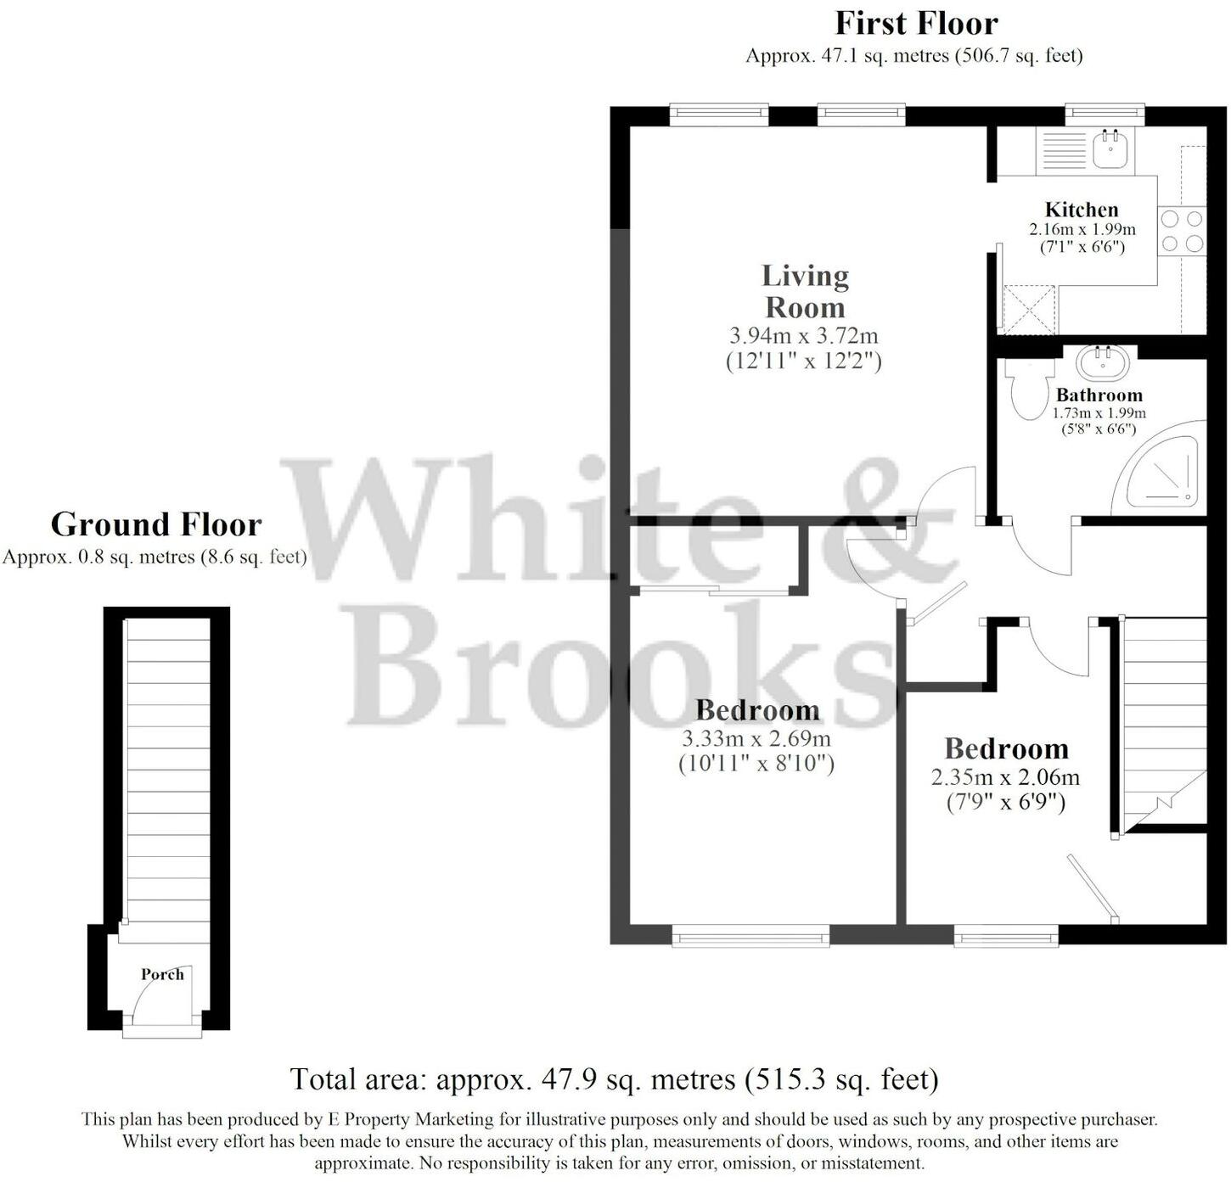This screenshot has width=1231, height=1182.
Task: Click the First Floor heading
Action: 916,23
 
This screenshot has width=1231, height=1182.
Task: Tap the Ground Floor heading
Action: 156,524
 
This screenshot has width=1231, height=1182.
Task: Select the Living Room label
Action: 804,291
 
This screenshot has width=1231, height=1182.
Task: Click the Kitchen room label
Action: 1082,210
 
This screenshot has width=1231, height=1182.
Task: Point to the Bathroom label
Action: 1099,395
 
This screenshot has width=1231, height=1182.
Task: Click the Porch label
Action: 162,974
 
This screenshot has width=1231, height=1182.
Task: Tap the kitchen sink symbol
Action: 1109,148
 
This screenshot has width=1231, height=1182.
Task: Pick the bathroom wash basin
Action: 1103,362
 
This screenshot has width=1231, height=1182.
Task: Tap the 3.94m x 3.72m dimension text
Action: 803,335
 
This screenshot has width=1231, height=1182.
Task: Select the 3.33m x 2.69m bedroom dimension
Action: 756,738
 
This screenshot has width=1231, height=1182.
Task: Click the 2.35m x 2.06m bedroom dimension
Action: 1005,776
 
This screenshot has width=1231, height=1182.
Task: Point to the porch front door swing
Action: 161,997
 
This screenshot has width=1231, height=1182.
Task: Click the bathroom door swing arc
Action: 1040,552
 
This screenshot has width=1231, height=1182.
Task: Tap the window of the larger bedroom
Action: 750,937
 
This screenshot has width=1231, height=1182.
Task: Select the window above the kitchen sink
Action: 1105,114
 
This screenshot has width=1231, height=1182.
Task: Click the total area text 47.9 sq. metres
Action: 614,1079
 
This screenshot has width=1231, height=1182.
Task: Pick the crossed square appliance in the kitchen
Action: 1028,309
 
